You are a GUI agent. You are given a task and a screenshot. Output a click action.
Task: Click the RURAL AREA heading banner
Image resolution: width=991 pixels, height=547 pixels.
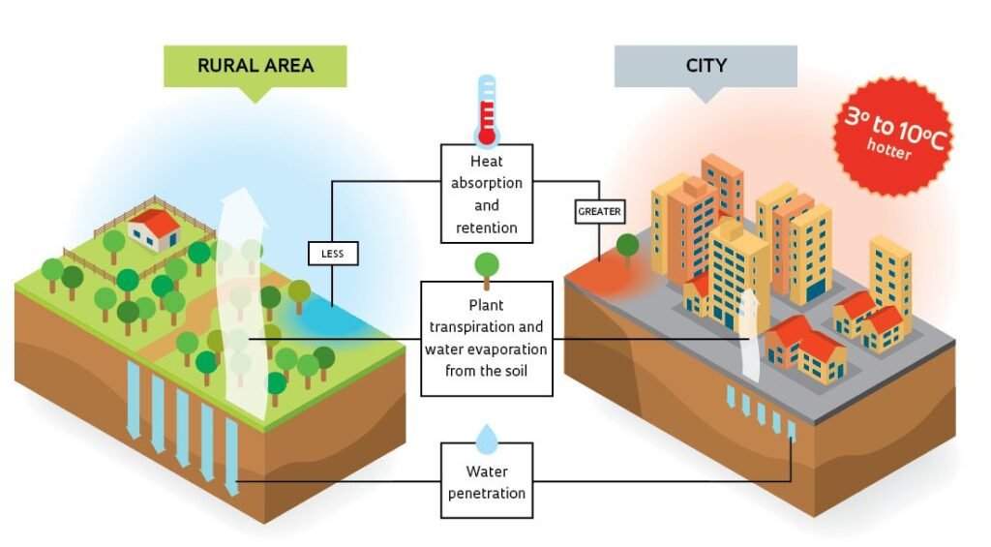pos(255,67)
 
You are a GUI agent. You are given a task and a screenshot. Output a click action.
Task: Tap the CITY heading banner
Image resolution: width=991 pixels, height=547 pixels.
pos(706,67)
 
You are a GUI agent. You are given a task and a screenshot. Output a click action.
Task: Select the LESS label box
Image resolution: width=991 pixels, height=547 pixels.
pos(333,254)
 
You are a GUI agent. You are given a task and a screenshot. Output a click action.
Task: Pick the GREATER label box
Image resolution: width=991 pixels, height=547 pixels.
pos(599,211)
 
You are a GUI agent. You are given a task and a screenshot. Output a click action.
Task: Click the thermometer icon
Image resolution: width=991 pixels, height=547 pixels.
pos(487,110)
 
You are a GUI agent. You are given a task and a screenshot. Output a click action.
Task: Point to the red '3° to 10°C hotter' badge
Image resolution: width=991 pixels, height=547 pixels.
pos(893,136)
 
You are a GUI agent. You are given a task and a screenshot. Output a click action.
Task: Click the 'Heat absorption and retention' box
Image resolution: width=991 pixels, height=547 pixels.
pos(487,194)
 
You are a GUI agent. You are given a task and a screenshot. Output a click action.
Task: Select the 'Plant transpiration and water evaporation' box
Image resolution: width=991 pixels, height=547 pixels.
pos(487,338)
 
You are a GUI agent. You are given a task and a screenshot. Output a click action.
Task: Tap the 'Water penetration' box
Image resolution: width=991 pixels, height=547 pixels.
pos(487,480)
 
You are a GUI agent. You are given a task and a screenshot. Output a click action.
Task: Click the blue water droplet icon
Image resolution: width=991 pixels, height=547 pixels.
pos(487,440)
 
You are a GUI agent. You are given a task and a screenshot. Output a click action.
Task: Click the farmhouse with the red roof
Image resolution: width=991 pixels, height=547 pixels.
pos(155,229)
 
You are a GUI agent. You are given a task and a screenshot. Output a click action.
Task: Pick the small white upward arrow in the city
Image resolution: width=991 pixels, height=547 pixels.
pos(750,335)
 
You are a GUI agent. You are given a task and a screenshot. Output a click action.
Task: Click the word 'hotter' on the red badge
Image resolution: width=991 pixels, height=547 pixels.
pos(888,149)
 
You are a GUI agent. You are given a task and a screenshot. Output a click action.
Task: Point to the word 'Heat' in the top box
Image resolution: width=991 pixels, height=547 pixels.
pos(487,162)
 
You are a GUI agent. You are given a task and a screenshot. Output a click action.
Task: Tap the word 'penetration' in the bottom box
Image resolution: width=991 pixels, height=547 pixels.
pos(487,493)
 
